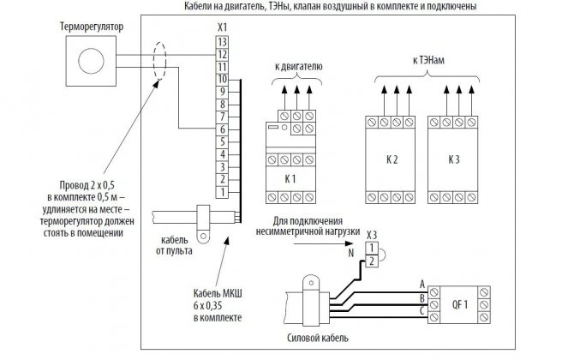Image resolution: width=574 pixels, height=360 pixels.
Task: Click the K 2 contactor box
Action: (393, 160)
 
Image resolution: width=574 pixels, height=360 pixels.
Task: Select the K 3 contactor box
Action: (454, 160)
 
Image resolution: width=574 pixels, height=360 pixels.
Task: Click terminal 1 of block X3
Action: (371, 247)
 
